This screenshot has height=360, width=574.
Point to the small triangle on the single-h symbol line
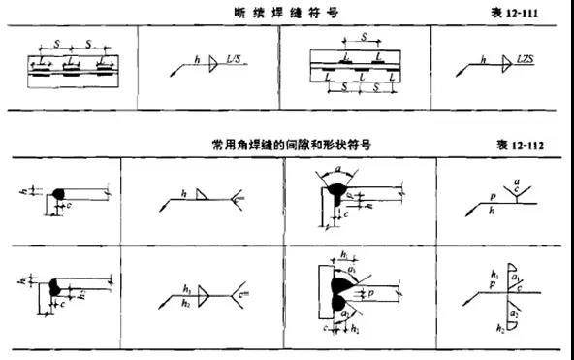coord(201,195)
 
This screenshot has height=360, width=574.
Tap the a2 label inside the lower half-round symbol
coord(515,312)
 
